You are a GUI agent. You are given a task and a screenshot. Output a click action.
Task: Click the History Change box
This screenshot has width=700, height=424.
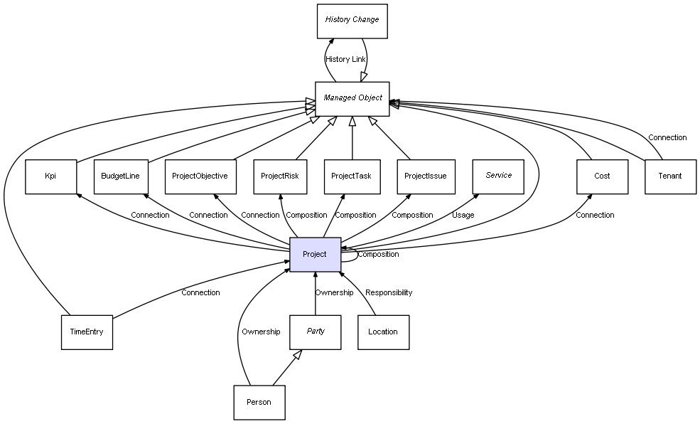click(x=352, y=21)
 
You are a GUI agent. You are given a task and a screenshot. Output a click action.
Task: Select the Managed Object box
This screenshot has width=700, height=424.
click(x=352, y=98)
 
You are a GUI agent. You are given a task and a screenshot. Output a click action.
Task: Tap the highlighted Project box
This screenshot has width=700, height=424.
click(x=315, y=255)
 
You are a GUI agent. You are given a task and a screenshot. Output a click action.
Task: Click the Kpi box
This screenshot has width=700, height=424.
click(x=50, y=176)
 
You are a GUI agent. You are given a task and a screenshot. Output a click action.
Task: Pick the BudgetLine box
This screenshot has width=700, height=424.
click(x=120, y=176)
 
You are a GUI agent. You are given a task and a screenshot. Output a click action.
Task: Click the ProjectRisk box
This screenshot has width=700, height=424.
click(x=280, y=176)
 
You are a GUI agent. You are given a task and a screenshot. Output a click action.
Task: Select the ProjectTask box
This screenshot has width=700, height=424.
click(x=352, y=176)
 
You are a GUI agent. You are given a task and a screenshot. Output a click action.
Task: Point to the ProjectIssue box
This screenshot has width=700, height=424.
click(x=425, y=176)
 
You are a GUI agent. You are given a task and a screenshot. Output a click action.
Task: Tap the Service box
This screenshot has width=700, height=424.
click(x=498, y=176)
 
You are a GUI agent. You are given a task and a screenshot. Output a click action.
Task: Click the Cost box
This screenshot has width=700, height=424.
click(x=602, y=176)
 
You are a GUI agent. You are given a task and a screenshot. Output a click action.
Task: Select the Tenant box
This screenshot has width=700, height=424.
click(x=670, y=176)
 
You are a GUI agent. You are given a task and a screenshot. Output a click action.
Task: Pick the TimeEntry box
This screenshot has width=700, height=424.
click(x=87, y=332)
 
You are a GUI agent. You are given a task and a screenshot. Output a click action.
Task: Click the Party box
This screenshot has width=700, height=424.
click(x=316, y=332)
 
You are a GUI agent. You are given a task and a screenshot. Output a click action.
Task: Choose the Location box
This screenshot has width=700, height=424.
click(x=383, y=332)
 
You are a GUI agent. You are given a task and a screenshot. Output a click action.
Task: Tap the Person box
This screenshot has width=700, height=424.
click(x=259, y=403)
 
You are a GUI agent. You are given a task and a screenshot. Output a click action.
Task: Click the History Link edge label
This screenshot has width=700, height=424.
click(x=345, y=60)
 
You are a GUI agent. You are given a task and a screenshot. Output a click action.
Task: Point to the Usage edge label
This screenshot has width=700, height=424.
click(x=463, y=215)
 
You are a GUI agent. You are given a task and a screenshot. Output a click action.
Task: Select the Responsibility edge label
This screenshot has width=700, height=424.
click(x=389, y=292)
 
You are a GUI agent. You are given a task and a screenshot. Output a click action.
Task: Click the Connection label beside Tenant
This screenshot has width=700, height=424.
click(x=667, y=137)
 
